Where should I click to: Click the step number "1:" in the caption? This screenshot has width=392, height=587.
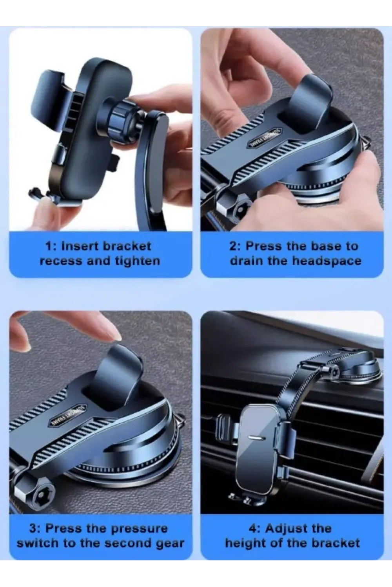tap(51, 246)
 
